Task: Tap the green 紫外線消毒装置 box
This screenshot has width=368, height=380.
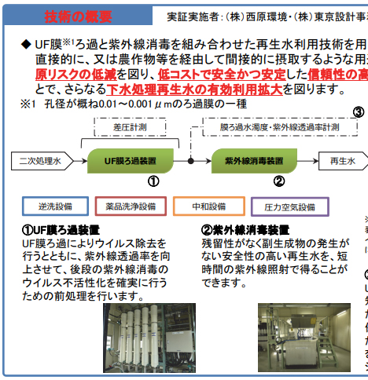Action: pyautogui.click(x=250, y=160)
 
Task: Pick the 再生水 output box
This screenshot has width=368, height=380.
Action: pyautogui.click(x=343, y=161)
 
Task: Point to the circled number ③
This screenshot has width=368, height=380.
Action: pyautogui.click(x=358, y=111)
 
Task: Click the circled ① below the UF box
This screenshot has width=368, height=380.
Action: pyautogui.click(x=153, y=181)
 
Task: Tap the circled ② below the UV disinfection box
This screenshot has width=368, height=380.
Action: pyautogui.click(x=278, y=181)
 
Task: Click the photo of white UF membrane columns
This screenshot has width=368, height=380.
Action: pyautogui.click(x=150, y=338)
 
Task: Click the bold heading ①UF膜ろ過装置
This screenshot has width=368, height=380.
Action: pyautogui.click(x=61, y=230)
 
